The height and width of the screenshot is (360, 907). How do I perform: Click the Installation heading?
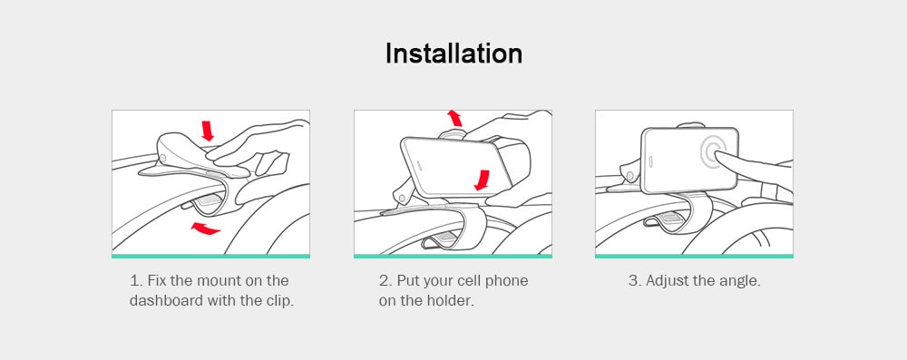point(453,54)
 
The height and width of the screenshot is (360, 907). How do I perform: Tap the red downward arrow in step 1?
point(208,131)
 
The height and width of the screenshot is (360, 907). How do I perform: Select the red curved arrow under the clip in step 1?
point(205,228)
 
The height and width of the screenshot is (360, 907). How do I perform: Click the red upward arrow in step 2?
point(455,118)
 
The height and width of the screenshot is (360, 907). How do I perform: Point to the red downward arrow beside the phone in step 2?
point(482,180)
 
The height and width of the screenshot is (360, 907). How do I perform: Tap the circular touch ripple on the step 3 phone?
point(713,152)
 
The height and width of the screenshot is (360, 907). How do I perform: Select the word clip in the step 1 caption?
point(281,302)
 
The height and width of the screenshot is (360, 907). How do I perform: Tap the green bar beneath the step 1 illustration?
point(210,256)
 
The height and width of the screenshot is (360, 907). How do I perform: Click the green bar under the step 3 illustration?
point(694,256)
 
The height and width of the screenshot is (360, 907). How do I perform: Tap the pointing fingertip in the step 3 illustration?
point(717,155)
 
